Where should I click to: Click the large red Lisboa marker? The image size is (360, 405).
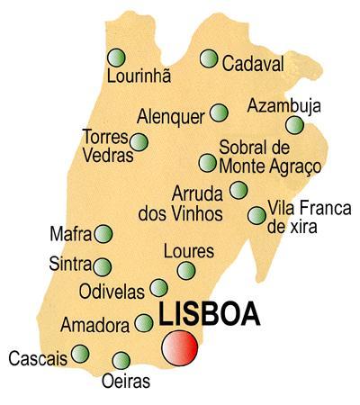[179, 348]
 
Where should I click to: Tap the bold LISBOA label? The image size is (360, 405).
[209, 315]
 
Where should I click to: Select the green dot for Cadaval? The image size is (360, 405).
[209, 59]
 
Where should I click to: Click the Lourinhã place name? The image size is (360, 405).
[139, 77]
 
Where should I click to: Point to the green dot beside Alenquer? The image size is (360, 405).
[219, 112]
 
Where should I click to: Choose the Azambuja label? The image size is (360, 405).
[283, 106]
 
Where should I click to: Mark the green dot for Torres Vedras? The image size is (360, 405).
[139, 141]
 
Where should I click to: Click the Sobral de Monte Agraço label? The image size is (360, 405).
[270, 157]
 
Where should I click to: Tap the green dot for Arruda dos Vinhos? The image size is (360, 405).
[238, 190]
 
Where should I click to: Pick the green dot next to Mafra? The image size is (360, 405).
[103, 234]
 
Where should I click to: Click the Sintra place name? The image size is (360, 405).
[72, 265]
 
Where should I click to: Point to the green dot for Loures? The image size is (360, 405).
[186, 270]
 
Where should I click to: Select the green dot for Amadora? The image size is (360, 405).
[144, 322]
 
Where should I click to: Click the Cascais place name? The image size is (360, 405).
[38, 359]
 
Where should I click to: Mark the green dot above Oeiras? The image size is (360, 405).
[121, 361]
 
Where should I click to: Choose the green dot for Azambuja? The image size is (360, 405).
[294, 125]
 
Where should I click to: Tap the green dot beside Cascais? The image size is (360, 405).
[81, 353]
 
